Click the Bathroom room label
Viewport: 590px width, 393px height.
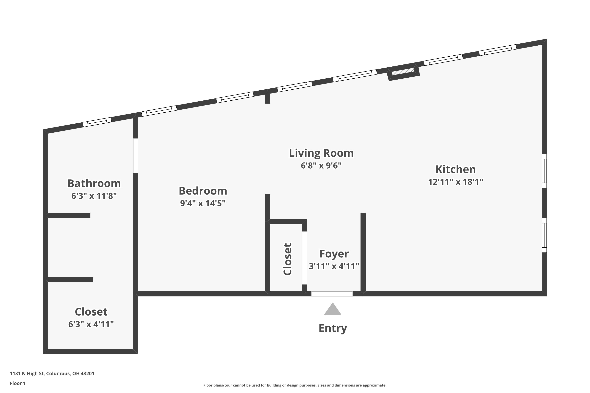[x=94, y=184]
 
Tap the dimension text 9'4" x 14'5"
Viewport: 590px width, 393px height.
[x=203, y=203]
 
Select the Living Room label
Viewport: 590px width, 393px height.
[x=321, y=153]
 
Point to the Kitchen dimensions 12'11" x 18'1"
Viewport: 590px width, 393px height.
[x=455, y=182]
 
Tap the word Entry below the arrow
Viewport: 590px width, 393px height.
[x=333, y=328]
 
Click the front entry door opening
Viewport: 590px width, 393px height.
[x=332, y=294]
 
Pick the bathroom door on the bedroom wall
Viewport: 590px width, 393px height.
[x=136, y=156]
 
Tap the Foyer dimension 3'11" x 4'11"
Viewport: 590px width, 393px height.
[x=334, y=266]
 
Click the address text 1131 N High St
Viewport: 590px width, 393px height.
[x=52, y=374]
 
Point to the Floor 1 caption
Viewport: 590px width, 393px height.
[x=18, y=383]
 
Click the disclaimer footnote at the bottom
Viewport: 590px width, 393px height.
[x=295, y=385]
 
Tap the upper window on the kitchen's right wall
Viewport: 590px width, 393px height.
[x=544, y=171]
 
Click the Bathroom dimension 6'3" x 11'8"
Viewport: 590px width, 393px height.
[x=94, y=196]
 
